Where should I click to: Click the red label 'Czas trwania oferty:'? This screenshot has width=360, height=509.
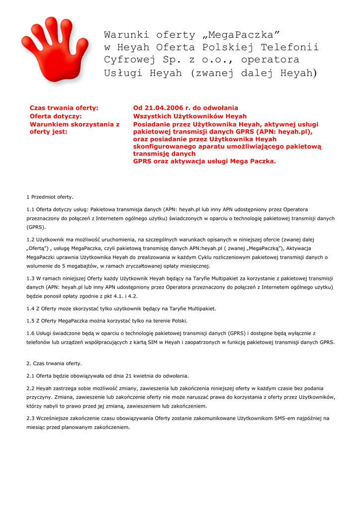click(x=64, y=108)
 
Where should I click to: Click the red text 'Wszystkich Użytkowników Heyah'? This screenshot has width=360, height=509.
click(x=190, y=116)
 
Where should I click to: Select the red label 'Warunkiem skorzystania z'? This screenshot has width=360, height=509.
click(x=75, y=124)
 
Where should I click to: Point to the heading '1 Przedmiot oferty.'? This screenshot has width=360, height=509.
click(x=50, y=197)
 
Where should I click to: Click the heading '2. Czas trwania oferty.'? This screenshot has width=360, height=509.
click(x=54, y=363)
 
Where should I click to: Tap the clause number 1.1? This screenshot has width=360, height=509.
click(x=30, y=209)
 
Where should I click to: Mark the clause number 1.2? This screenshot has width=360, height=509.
click(x=30, y=240)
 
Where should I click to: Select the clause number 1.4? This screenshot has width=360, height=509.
click(x=30, y=309)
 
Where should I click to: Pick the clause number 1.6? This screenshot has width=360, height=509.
click(x=30, y=333)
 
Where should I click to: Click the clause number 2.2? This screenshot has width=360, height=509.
click(x=30, y=388)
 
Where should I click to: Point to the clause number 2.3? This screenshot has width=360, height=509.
click(x=30, y=418)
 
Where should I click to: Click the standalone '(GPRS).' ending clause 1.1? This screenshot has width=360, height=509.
click(x=36, y=227)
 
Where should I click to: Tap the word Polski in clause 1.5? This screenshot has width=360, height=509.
click(x=179, y=321)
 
